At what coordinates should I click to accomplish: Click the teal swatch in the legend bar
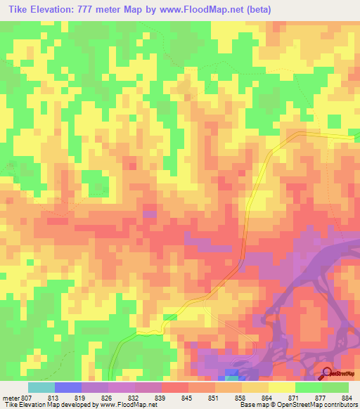tap(41, 387)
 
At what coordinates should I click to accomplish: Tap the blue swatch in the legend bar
tap(67, 387)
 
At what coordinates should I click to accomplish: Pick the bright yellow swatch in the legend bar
tap(281, 387)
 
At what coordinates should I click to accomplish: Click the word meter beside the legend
tap(12, 398)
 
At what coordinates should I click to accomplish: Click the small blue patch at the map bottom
tap(232, 372)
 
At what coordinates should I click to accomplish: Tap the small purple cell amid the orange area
tap(150, 213)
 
